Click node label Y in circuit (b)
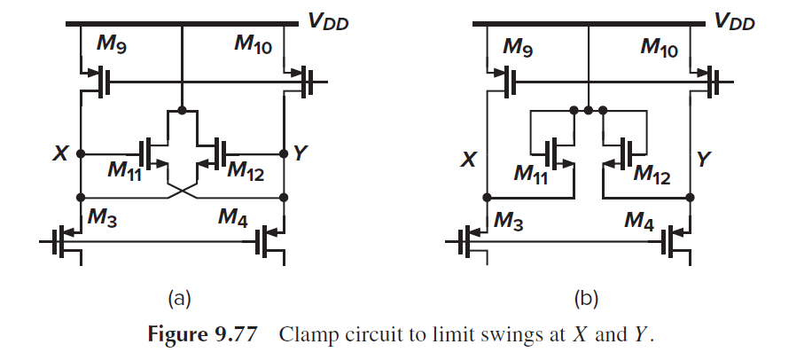pyautogui.click(x=706, y=160)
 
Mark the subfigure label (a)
pyautogui.click(x=180, y=298)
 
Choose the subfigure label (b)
pyautogui.click(x=586, y=298)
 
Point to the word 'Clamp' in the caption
pyautogui.click(x=306, y=334)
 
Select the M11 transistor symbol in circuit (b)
pyautogui.click(x=556, y=151)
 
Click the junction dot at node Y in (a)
pyautogui.click(x=284, y=153)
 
